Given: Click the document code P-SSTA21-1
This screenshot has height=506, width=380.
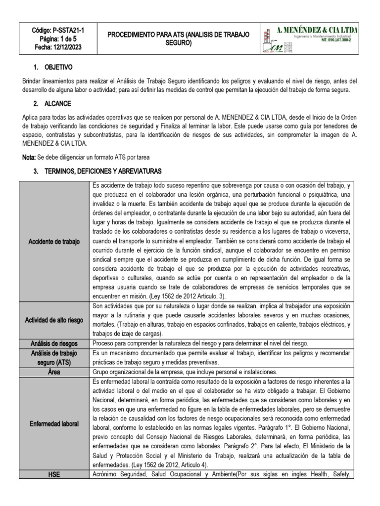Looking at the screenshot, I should tap(67, 30).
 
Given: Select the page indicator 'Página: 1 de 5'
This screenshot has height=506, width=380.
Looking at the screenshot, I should tap(58, 39).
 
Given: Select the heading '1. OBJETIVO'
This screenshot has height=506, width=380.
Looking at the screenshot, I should tap(56, 67).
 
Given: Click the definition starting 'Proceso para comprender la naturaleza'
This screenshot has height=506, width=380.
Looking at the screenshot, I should tap(200, 343).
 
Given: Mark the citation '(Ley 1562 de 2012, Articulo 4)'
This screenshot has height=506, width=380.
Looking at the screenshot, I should tap(171, 465).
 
